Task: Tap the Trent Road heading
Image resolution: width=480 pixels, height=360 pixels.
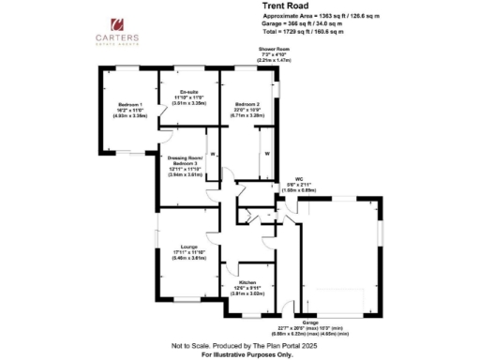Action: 280,6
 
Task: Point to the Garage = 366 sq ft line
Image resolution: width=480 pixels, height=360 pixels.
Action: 305,25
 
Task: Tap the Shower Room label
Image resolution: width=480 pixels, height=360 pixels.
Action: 276,53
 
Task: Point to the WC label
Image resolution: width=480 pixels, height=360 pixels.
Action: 299,178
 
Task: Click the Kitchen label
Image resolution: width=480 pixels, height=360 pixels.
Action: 247,281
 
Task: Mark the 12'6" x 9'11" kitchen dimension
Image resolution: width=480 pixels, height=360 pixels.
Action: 247,287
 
